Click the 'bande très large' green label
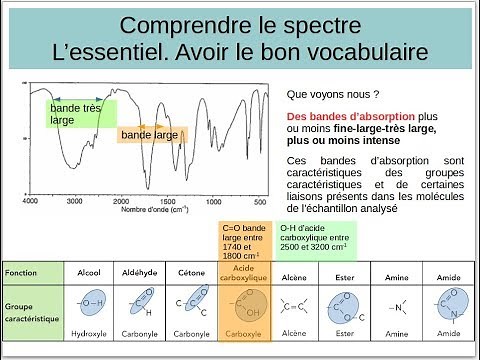78,112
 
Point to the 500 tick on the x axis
232,200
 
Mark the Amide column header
448,273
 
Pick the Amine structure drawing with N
396,308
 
